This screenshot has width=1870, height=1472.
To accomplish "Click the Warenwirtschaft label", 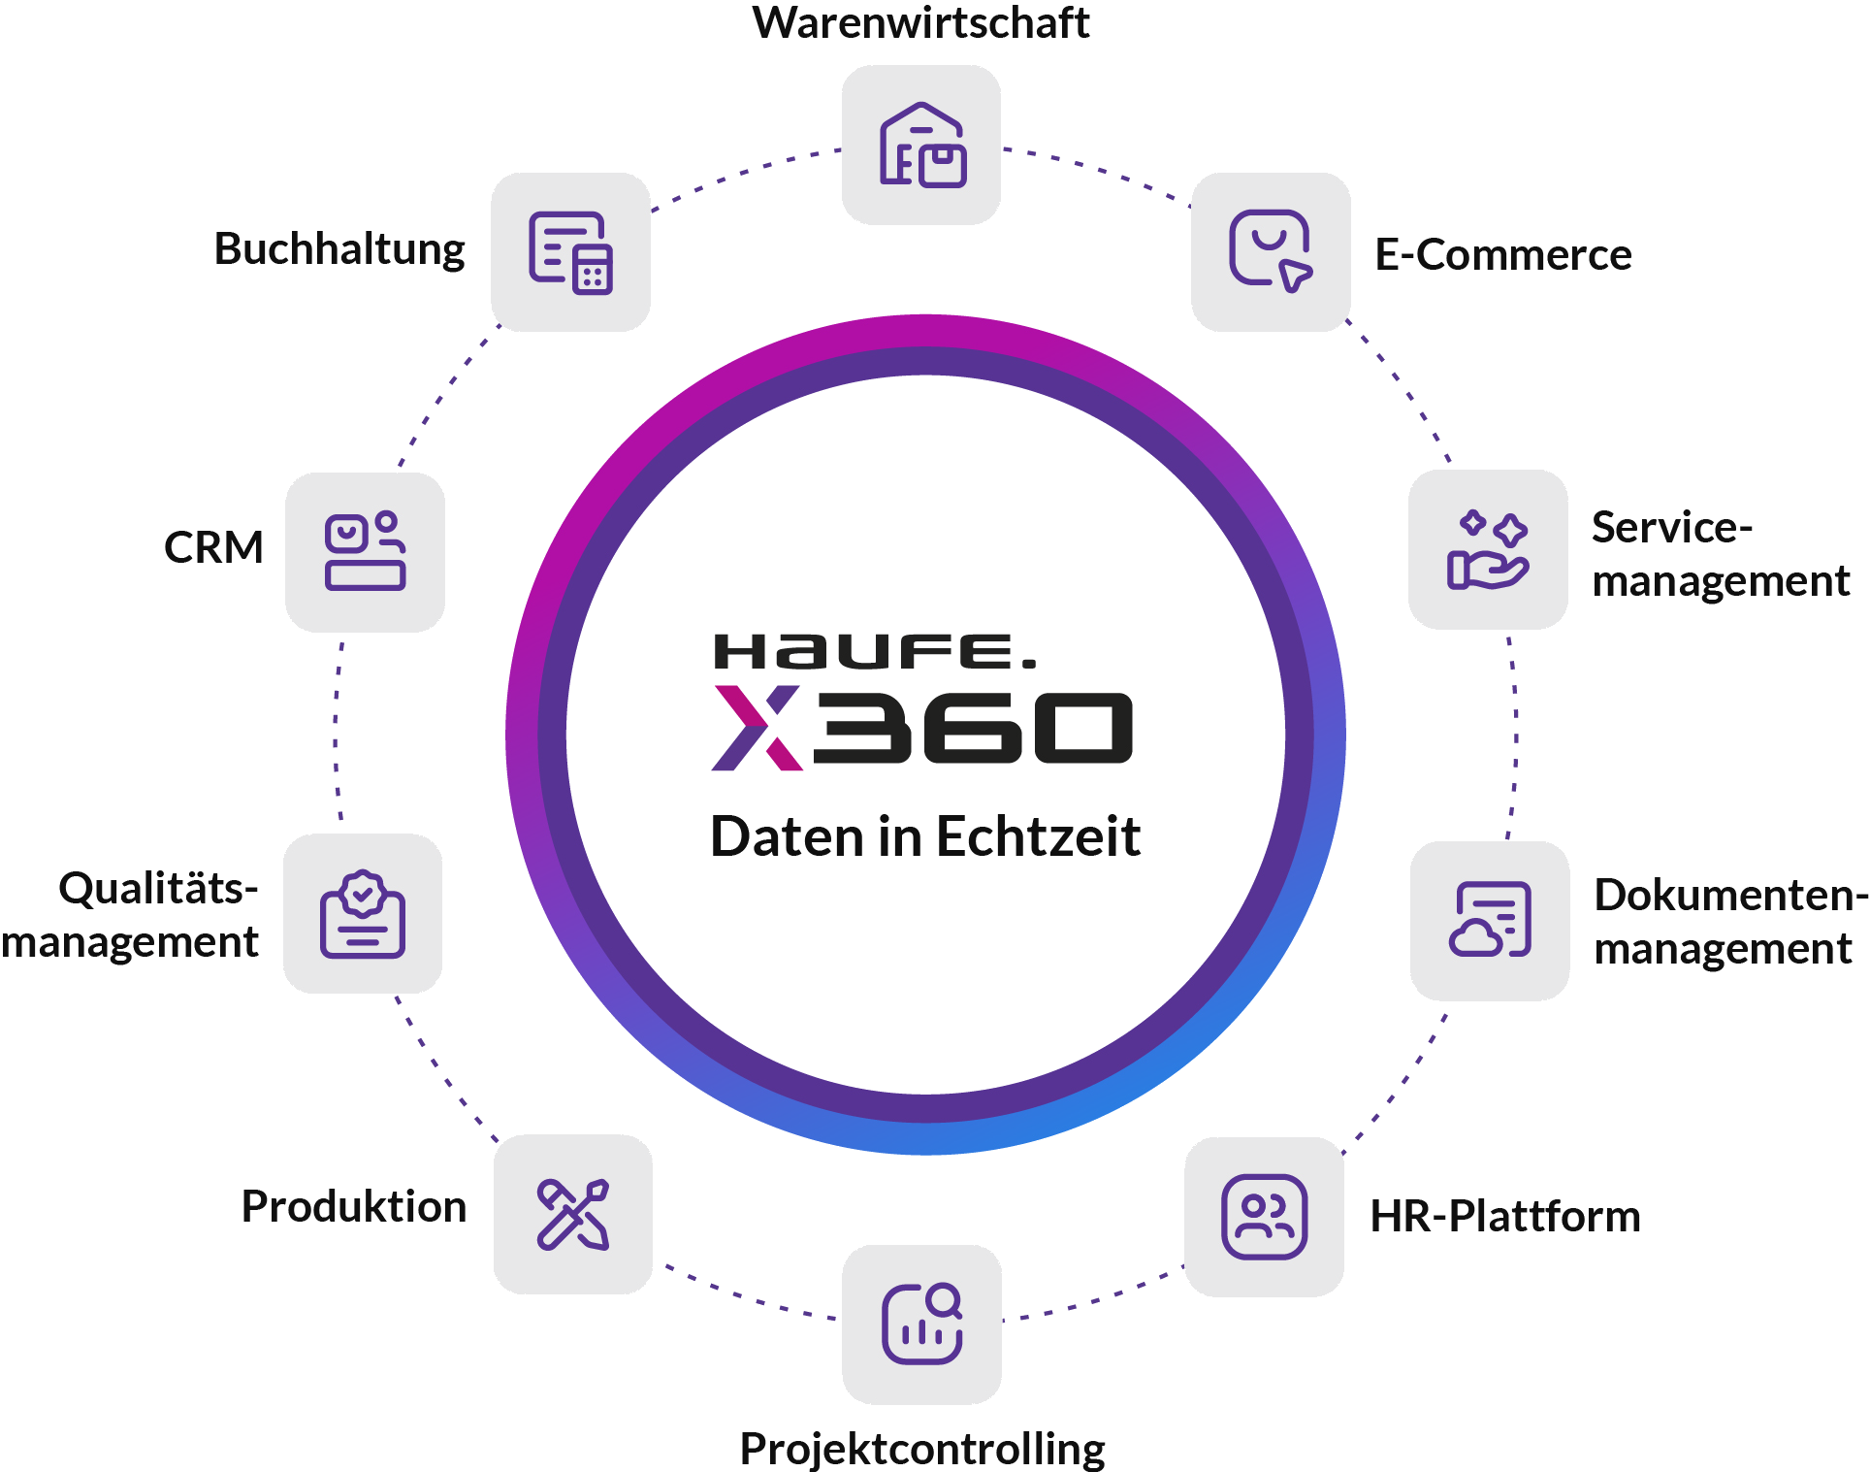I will pos(920,23).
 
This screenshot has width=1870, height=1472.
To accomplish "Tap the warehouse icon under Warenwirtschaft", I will pos(921,146).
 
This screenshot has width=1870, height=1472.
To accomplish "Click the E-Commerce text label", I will pos(1502,255).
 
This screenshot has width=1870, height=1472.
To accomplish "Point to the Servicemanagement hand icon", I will pos(1488,550).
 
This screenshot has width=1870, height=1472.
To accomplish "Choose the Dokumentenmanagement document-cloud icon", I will pos(1490,920).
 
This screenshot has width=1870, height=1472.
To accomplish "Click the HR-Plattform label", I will pos(1504,1216).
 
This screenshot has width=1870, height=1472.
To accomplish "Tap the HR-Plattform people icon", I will pos(1264,1217).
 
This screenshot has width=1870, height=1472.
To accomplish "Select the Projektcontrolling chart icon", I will pos(921,1325).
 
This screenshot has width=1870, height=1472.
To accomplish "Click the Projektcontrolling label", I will pos(921,1449).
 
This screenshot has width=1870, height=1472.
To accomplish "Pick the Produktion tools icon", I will pos(573,1214).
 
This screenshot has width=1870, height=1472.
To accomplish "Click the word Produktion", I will pos(354,1206).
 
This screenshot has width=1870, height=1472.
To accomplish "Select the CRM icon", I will pos(365,551).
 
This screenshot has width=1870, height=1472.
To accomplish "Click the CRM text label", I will pos(213,547).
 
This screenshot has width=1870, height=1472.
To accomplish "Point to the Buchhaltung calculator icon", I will pos(570,252).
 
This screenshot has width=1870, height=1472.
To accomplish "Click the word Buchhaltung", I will pos(339,249).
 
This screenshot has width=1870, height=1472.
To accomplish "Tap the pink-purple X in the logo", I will pos(757,728).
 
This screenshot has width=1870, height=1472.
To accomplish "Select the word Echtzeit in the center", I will pos(1038,836).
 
